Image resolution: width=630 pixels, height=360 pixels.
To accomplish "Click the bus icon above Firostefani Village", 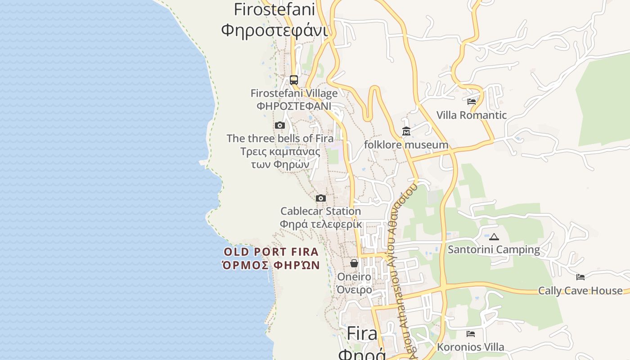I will pos(294,80).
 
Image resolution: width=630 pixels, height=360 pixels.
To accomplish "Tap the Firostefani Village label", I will pos(294,94).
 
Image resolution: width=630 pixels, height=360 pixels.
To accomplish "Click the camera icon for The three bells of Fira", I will pos(280,126).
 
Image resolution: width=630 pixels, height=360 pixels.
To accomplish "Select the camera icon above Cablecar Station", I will pos(321,198).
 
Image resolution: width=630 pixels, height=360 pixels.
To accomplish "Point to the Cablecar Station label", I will pos(320,211).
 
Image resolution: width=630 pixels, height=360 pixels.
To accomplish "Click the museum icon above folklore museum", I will pos(406,131).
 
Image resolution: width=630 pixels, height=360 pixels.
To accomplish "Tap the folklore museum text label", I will pos(406,145).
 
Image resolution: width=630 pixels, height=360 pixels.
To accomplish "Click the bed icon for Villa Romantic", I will pos(472,102).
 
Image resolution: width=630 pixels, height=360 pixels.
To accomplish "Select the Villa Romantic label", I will pos(472,115).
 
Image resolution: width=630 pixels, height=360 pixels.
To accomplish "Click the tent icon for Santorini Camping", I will pos(494,237).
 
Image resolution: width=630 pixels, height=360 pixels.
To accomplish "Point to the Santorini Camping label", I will pos(494,250).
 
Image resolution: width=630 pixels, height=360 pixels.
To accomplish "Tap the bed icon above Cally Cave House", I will pos(580,277).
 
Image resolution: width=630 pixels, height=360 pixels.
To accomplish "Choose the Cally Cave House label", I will pos(580,291).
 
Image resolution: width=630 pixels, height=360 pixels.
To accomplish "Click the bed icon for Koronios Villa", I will pos(471,334).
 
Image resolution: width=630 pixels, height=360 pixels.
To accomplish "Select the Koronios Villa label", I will pos(471,347).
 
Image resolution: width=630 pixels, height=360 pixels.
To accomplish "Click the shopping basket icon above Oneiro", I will pos(354,263).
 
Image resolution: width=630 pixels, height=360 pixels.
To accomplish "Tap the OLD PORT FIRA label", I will pos(271,252).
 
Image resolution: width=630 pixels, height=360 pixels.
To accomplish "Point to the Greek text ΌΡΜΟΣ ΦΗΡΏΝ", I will pos(271,265).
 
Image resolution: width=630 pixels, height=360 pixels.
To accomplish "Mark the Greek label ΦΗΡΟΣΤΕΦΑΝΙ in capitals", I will pos(294,106).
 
